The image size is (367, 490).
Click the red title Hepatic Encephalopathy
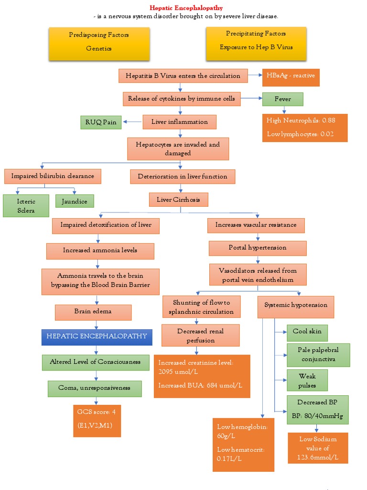click(x=186, y=8)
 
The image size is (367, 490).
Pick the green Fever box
click(x=283, y=99)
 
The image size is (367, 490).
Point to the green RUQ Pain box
click(x=101, y=122)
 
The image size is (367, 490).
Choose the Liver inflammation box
click(x=179, y=122)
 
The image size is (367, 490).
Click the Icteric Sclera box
click(x=26, y=205)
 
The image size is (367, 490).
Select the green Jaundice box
click(x=75, y=201)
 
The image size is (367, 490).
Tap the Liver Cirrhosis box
click(x=179, y=199)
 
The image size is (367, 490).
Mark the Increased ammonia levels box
click(x=100, y=250)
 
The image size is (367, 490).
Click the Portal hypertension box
click(x=258, y=248)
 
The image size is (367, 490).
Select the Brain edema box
click(x=93, y=312)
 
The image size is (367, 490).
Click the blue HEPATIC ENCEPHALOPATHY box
click(x=97, y=336)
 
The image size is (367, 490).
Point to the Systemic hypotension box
click(x=296, y=305)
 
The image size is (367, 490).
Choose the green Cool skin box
click(x=307, y=332)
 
